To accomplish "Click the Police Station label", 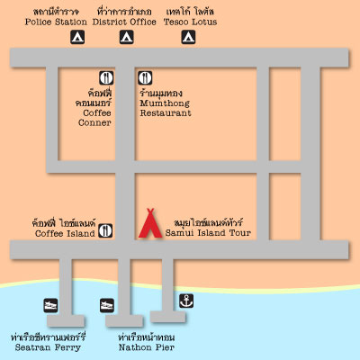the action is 56,22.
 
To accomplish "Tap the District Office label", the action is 124,22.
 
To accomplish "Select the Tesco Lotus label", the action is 190,22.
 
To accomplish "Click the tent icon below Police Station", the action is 77,37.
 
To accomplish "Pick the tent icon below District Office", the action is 127,37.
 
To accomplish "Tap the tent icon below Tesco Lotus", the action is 188,37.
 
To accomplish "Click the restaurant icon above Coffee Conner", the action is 106,77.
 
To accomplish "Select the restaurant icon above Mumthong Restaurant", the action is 145,77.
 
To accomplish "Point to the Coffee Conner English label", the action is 94,118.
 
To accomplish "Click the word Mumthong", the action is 165,103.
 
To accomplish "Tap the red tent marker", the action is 150,223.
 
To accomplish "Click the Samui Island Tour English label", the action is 208,233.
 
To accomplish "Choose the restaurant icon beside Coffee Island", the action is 105,230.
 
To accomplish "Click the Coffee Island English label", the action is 65,233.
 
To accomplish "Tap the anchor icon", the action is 186,301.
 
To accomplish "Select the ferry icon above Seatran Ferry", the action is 50,305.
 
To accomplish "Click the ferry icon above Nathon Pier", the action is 107,305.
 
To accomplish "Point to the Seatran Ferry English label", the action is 48,347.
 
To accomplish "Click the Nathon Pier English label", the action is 147,347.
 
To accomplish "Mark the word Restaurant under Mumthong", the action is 166,113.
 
